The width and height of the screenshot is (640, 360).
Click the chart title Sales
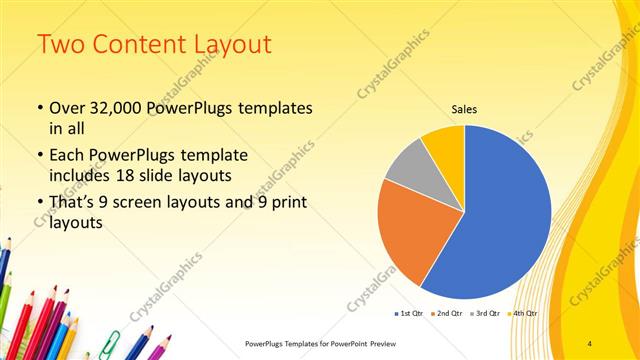click(463, 109)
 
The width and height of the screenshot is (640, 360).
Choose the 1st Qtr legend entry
click(409, 313)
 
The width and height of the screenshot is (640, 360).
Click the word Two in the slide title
click(61, 45)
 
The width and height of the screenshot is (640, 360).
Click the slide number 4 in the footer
click(591, 343)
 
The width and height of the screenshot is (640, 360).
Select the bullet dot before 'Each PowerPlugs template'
click(39, 156)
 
